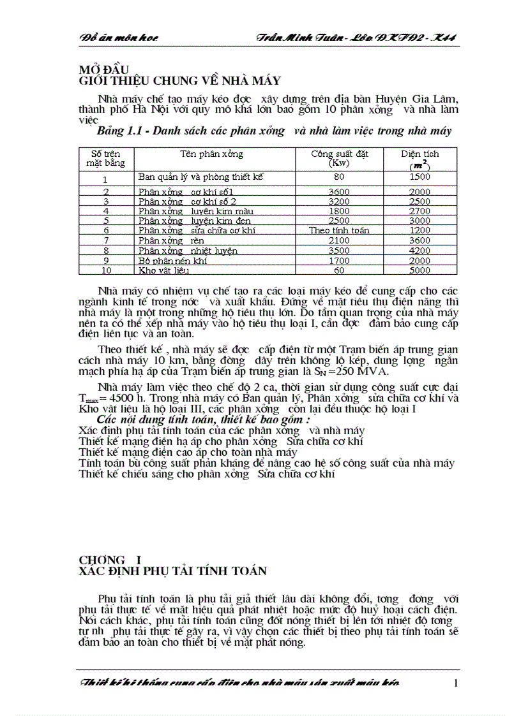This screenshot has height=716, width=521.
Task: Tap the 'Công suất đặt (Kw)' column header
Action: tap(339, 158)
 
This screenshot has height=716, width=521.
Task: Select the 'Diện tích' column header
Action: tap(419, 154)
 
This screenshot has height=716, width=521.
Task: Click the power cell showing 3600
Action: tap(339, 191)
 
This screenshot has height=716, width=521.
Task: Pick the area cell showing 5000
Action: tap(419, 270)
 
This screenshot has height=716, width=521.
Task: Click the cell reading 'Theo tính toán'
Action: tap(339, 230)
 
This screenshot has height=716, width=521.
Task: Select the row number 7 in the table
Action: tap(106, 240)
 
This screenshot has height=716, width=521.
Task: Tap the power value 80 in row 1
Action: tap(339, 177)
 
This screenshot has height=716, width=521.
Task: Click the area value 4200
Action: tap(419, 251)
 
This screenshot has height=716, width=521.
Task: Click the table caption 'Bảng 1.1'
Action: tap(122, 131)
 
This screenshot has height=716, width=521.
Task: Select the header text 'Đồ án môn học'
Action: tap(119, 38)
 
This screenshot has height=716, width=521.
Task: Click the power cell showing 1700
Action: tap(339, 260)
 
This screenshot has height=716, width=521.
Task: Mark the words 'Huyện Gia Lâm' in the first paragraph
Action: tap(421, 99)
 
